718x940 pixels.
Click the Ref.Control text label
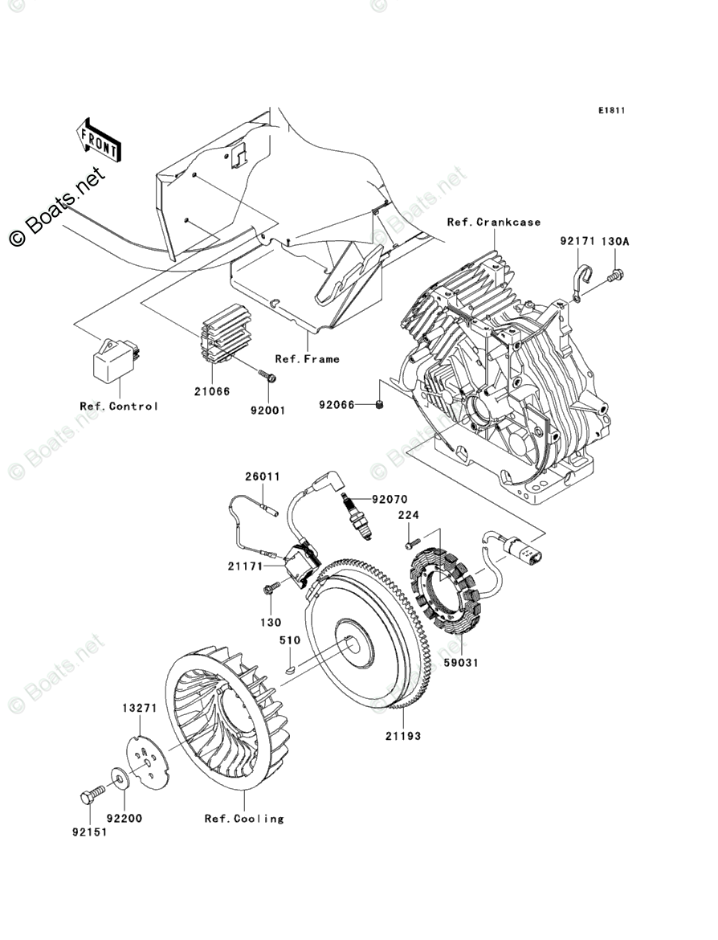[x=119, y=406]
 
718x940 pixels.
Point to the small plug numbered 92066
[x=380, y=405]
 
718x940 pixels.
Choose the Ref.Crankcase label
[x=494, y=222]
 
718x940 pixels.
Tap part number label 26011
[x=263, y=476]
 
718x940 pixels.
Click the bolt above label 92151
[x=90, y=796]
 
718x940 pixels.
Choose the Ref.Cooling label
[x=244, y=819]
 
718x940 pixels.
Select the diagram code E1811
[x=610, y=110]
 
